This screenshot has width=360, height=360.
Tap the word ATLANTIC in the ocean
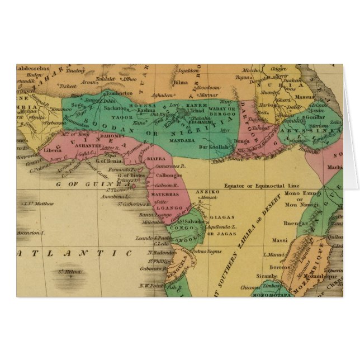74,253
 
